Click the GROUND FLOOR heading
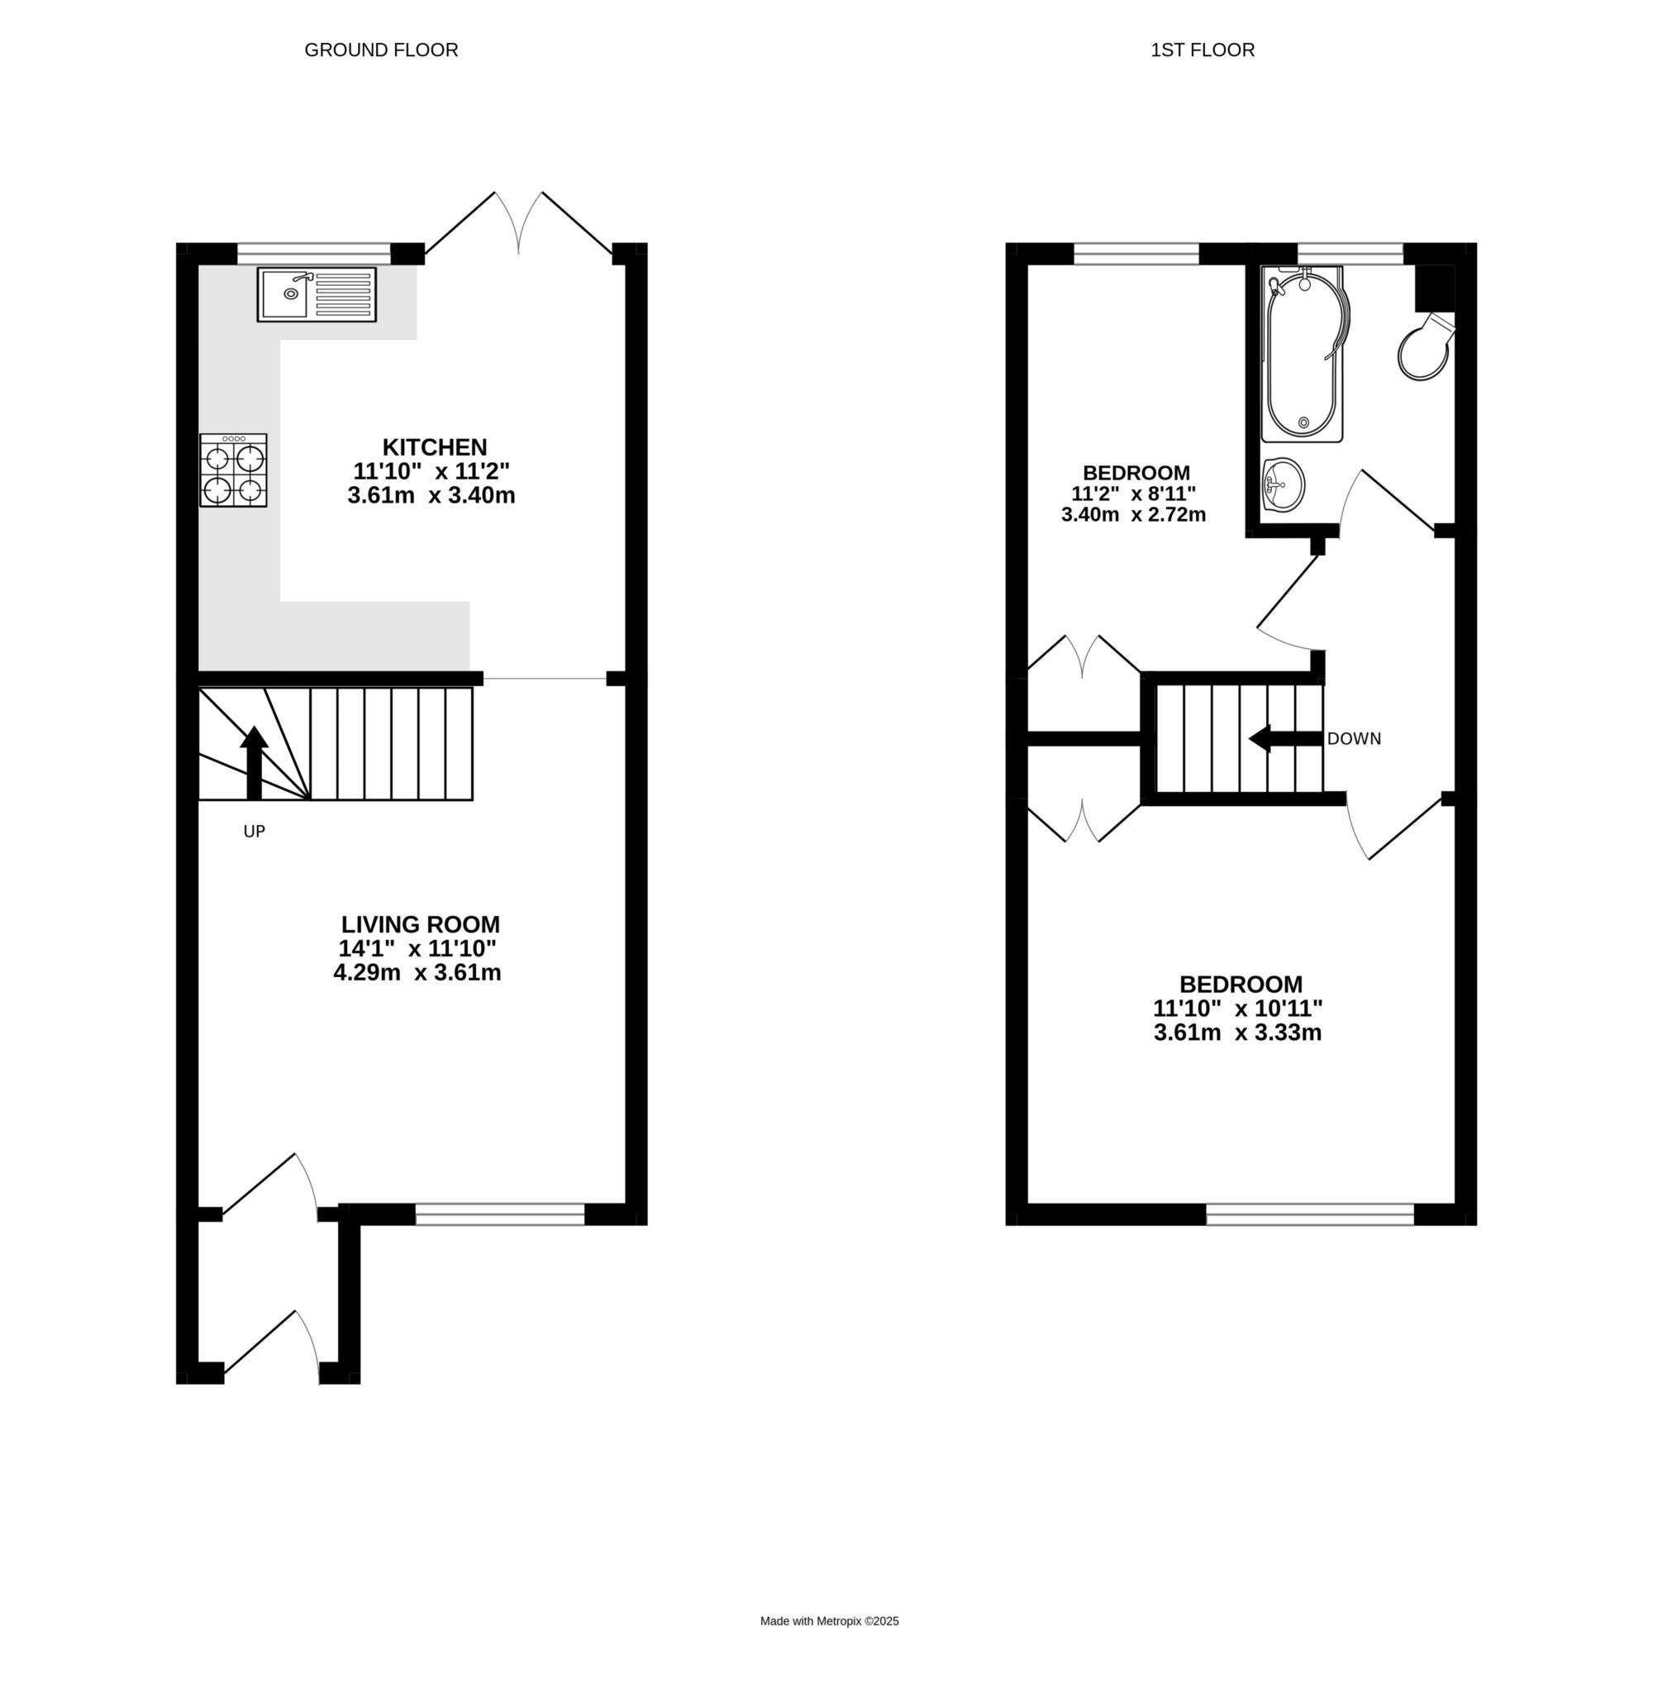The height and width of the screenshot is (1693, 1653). coord(381,50)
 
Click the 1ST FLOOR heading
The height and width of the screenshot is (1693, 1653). coord(1203,50)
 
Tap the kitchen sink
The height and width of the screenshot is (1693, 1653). coord(317,294)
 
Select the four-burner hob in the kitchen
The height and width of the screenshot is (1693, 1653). coord(234,470)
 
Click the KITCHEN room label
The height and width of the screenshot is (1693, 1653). coord(435,447)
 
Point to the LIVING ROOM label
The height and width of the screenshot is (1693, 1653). coord(420,923)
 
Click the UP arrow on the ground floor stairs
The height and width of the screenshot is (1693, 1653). coord(255,762)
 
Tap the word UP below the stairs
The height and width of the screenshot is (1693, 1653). coord(255,832)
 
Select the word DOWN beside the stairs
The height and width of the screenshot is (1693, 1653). coord(1355,739)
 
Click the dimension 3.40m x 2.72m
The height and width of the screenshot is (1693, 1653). coord(1133,514)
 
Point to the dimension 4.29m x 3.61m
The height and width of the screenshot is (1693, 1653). coord(417,972)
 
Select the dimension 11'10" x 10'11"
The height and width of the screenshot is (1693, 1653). coord(1237,1008)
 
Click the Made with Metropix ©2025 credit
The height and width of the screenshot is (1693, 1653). coord(829,1621)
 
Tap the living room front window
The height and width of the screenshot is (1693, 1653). coord(500,1214)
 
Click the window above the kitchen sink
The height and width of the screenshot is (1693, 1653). coord(313,254)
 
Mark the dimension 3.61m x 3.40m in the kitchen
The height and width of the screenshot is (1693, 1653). coord(431,496)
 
